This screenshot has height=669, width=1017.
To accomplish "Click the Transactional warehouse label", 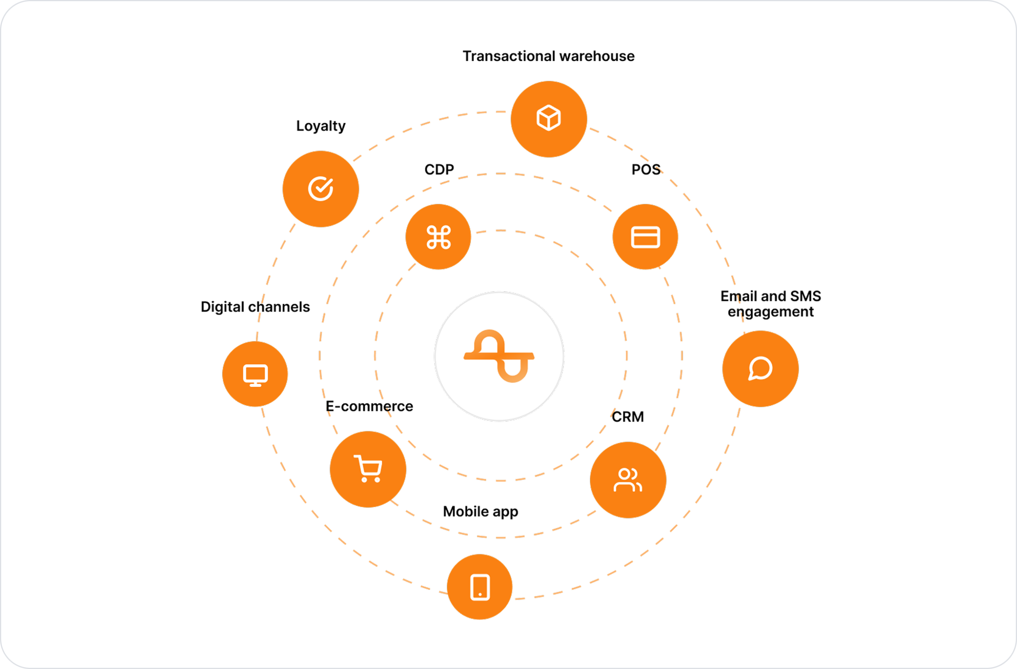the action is [x=549, y=56].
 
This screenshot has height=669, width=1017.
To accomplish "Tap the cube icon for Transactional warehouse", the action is [x=549, y=118].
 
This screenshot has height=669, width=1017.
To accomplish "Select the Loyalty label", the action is [x=321, y=126].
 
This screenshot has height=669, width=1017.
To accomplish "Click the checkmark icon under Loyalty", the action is [x=321, y=188].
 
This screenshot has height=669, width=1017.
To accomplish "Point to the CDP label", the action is [x=439, y=169].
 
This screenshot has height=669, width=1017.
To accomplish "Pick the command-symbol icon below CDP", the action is [x=439, y=237].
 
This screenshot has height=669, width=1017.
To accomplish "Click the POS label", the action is [x=646, y=169].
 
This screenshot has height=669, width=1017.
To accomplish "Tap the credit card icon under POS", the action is [x=645, y=237].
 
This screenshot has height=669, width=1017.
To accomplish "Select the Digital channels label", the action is [x=255, y=307].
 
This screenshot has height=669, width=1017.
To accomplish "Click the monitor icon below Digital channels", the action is [x=255, y=375].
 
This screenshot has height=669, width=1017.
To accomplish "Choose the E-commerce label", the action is [x=369, y=406].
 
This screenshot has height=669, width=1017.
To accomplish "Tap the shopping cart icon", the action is [x=368, y=469].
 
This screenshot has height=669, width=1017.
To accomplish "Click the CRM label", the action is [x=628, y=417].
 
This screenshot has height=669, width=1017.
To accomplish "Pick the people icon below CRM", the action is [x=628, y=480].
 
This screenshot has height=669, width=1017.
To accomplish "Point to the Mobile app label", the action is [x=481, y=512].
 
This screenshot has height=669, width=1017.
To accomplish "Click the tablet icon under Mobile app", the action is [x=480, y=588].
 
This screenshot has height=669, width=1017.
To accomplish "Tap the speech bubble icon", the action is [x=760, y=368].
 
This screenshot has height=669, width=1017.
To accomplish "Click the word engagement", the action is [x=770, y=312].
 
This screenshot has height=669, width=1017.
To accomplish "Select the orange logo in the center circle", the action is [x=499, y=356].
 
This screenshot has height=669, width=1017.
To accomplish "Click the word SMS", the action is [x=806, y=296].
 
